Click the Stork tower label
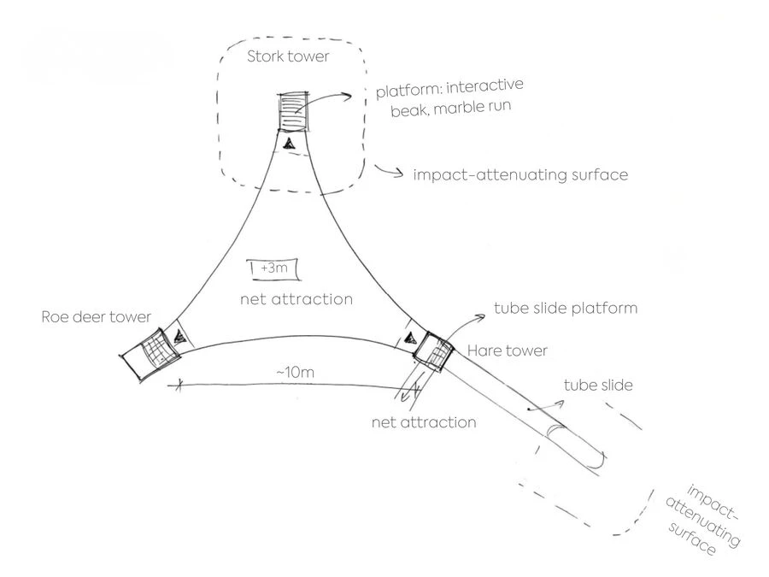[x=288, y=58]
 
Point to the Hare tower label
[x=507, y=350]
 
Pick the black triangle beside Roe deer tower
[x=178, y=337]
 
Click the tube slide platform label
[x=566, y=308]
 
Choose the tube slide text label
[x=598, y=386]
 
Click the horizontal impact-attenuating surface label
[x=520, y=175]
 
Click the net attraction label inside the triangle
[x=296, y=299]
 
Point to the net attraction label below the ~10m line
[x=424, y=422]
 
